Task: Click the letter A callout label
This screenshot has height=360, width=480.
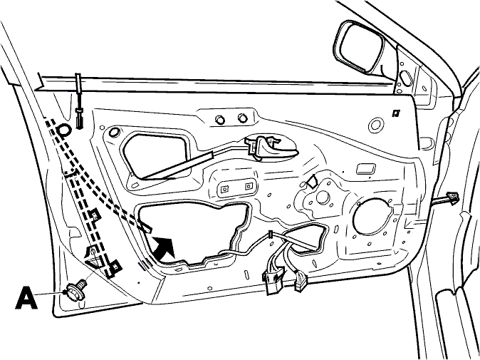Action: click(26, 297)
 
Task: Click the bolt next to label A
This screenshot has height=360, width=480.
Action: click(76, 290)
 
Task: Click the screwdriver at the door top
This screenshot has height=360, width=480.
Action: click(79, 101)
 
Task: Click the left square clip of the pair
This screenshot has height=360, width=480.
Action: click(225, 189)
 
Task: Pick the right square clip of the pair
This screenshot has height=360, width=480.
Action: click(249, 186)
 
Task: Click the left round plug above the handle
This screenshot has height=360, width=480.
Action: click(220, 119)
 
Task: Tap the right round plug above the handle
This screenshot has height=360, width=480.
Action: click(242, 118)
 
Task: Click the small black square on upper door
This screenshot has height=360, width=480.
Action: click(396, 113)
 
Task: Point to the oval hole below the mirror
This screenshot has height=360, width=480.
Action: click(406, 78)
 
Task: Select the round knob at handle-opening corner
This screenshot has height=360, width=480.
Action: click(115, 132)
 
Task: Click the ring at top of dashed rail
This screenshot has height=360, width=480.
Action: click(63, 130)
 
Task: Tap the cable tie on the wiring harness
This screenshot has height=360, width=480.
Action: click(271, 235)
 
